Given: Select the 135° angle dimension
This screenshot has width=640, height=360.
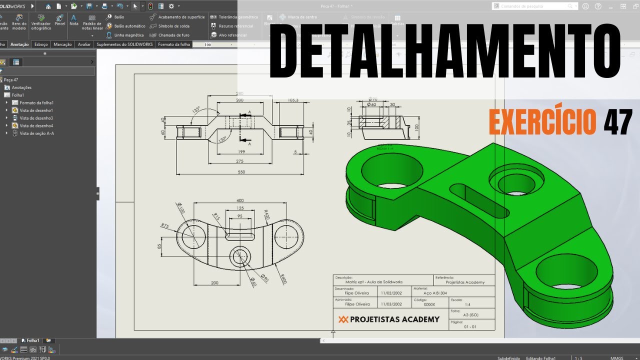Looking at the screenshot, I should click(196, 108).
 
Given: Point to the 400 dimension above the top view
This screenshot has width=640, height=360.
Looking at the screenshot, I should click(240, 200).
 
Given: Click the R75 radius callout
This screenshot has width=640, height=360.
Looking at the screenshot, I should click(164, 225).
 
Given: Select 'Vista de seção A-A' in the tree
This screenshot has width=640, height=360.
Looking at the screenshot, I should click(36, 133).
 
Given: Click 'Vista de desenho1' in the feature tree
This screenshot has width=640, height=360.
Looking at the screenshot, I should click(36, 110).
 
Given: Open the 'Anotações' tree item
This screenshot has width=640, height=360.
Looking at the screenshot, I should click(21, 87).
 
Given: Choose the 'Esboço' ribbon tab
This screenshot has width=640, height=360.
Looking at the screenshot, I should click(41, 44).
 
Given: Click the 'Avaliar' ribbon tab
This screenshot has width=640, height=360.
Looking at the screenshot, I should click(84, 44).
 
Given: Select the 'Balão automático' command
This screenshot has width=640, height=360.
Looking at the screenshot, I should click(129, 26).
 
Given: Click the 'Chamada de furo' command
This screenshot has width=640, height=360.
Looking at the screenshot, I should click(173, 35).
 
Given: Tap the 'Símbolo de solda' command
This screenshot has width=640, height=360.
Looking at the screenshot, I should click(173, 26).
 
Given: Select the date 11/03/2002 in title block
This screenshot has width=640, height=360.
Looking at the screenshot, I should click(390, 304).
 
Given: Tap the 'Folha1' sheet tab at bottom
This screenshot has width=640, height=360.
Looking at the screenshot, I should click(32, 340).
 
